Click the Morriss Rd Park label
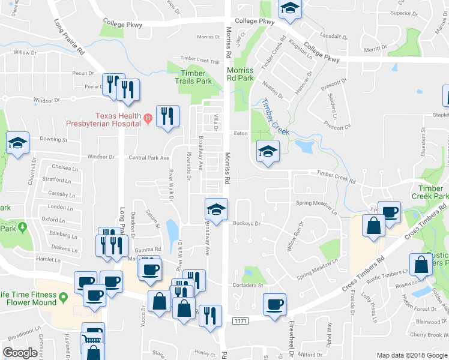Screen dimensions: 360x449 240,74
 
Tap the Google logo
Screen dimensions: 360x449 20,353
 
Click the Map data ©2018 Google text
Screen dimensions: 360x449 411,355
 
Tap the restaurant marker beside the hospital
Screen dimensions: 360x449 167,116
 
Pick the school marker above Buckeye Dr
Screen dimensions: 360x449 216,209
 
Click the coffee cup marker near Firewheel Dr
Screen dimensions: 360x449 276,304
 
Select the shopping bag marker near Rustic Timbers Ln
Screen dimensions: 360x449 420,265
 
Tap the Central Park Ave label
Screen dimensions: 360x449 149,158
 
